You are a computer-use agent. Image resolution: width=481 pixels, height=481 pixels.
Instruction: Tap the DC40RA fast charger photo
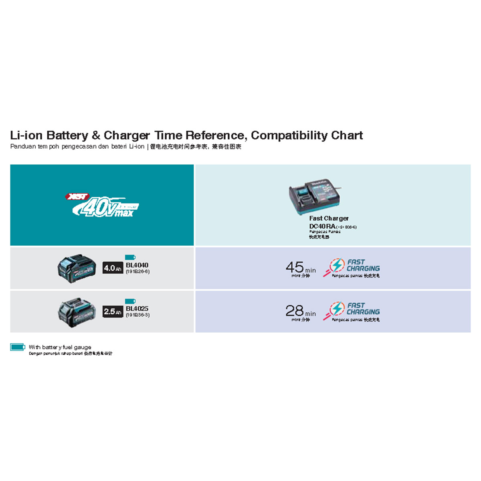(x=315, y=197)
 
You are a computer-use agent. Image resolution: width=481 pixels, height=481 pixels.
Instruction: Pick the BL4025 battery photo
(x=77, y=312)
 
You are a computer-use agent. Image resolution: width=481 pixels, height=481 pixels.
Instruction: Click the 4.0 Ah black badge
(x=113, y=268)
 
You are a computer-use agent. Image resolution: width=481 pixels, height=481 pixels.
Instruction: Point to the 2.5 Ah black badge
(x=113, y=311)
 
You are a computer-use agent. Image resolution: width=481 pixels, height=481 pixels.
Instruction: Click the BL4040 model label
(x=137, y=265)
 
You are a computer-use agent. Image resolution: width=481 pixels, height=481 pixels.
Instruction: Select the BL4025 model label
(x=137, y=308)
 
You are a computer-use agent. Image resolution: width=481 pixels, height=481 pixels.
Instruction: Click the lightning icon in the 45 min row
(x=336, y=266)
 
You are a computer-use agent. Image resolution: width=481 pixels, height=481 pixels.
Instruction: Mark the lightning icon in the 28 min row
(x=336, y=309)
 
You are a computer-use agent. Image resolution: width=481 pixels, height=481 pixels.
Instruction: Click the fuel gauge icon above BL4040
(x=130, y=257)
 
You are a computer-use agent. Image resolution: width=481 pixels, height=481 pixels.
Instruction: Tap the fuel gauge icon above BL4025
(x=130, y=301)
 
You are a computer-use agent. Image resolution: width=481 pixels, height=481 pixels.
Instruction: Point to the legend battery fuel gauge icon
(x=18, y=347)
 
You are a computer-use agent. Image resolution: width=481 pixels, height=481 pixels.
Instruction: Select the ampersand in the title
(x=96, y=135)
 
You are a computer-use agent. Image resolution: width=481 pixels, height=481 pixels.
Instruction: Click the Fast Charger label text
(x=329, y=218)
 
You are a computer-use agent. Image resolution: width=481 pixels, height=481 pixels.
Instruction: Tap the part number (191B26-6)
(x=137, y=272)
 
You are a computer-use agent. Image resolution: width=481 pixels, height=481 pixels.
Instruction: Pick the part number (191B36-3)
(x=137, y=315)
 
